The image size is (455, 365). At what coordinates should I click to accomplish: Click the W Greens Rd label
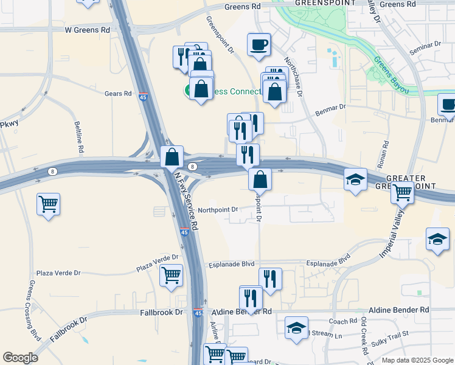pyautogui.click(x=88, y=29)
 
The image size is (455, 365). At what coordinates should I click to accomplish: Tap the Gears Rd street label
pyautogui.click(x=118, y=94)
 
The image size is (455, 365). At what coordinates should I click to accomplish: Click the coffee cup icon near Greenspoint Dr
pyautogui.click(x=259, y=44)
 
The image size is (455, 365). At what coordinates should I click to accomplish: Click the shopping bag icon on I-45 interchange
pyautogui.click(x=173, y=156)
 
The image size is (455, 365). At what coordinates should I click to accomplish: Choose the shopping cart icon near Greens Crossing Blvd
pyautogui.click(x=48, y=204)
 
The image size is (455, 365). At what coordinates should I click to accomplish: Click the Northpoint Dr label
pyautogui.click(x=218, y=209)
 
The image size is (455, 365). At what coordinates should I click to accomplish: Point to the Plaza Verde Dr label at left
pyautogui.click(x=58, y=273)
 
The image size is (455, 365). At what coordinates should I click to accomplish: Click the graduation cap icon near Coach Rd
pyautogui.click(x=296, y=328)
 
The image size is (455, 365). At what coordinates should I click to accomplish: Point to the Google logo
pyautogui.click(x=20, y=358)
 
